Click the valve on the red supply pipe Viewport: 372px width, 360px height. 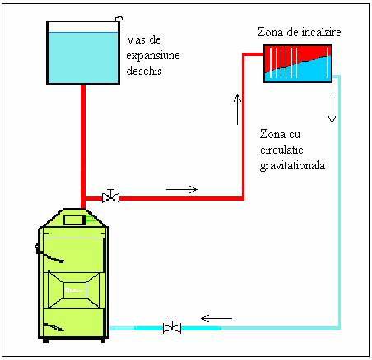(x=110, y=196)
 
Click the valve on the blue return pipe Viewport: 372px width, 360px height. (x=172, y=327)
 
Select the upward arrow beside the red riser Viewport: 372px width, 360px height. (x=238, y=109)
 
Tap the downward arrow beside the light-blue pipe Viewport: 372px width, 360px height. (x=332, y=108)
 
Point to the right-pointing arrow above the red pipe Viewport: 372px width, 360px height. (x=182, y=189)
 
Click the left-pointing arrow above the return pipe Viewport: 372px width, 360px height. (x=216, y=318)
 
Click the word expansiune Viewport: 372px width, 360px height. (x=153, y=56)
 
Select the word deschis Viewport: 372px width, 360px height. (x=144, y=71)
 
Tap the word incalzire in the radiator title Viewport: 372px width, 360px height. (x=321, y=32)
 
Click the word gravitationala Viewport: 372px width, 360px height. (x=292, y=166)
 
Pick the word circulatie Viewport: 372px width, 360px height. (x=281, y=150)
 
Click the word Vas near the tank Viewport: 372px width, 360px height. (x=136, y=39)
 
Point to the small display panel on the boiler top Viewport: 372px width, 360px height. (x=74, y=220)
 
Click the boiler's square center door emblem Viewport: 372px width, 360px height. (x=75, y=290)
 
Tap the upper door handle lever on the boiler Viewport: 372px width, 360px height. (x=53, y=258)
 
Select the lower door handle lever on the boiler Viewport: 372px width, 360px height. (x=53, y=326)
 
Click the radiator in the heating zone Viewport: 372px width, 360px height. (x=298, y=63)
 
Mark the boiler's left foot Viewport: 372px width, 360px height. (x=46, y=340)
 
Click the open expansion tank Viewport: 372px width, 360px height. (x=83, y=53)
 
